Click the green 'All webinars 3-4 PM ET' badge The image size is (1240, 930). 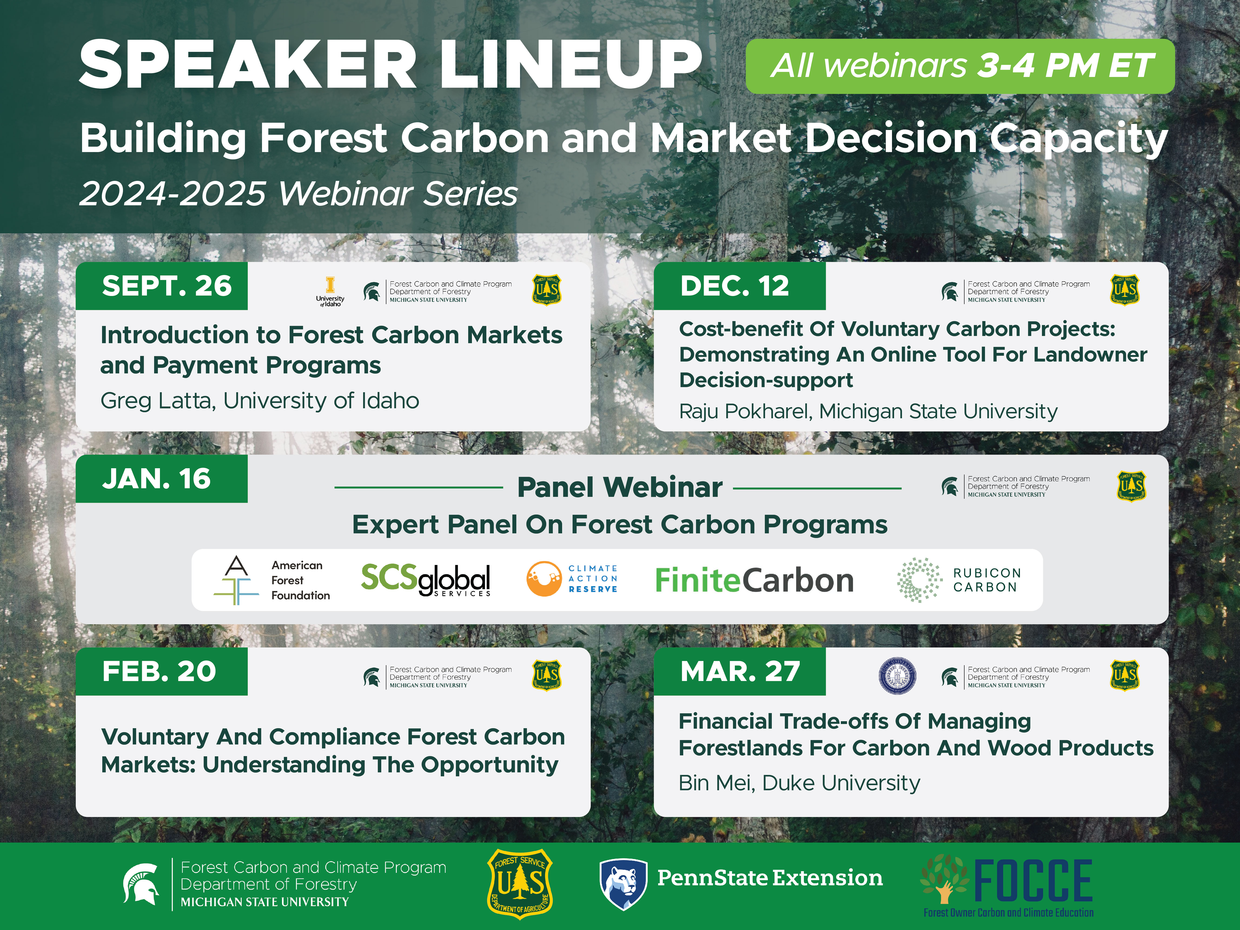[x=960, y=66]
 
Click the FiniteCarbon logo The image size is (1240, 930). [x=754, y=580]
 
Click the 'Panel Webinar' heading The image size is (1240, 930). [x=620, y=487]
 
